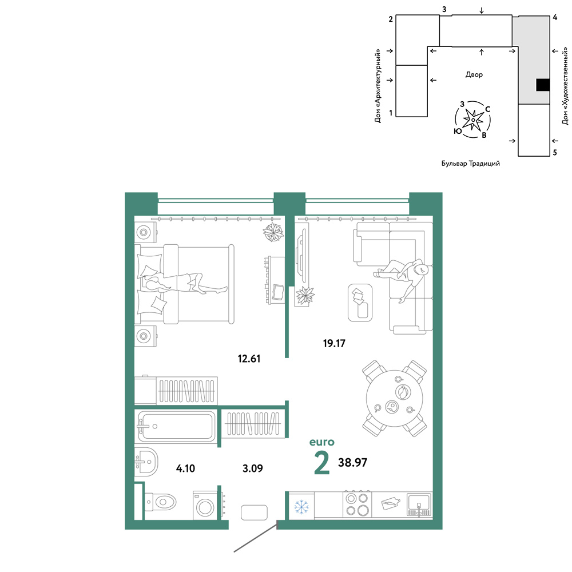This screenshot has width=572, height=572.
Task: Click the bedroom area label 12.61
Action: point(249,359)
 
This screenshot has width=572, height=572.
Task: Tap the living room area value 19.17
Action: point(334,343)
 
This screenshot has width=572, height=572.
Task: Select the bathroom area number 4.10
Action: point(186,468)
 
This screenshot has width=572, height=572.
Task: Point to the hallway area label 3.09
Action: point(252,468)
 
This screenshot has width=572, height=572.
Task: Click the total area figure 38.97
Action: point(353,463)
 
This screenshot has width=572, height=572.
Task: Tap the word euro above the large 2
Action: point(321,442)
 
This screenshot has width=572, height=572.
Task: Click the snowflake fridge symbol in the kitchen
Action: point(301,507)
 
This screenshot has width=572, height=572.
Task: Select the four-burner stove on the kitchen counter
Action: point(357,505)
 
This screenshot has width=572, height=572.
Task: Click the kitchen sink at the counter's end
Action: point(419,505)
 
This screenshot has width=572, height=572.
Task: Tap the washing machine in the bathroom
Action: point(205,506)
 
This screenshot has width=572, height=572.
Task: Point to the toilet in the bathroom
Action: point(161,503)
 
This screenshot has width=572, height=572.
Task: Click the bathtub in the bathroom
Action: point(176,426)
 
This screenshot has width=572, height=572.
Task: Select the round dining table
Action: point(395,398)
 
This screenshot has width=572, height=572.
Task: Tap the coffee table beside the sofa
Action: point(360,303)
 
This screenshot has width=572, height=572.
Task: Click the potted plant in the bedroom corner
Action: point(273,232)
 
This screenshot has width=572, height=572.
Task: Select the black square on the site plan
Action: point(543,85)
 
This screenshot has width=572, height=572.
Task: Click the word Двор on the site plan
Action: point(474,75)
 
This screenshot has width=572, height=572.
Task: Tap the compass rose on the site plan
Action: point(473,120)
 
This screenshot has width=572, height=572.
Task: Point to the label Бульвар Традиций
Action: point(471,164)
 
